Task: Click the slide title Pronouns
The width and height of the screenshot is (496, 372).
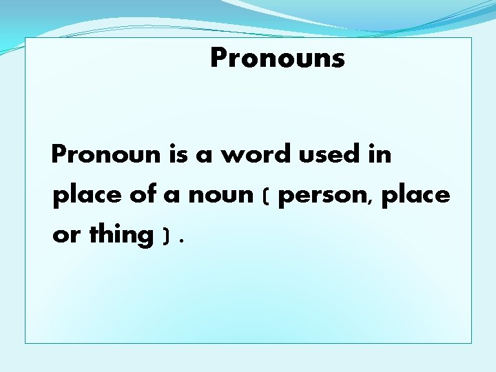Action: [277, 58]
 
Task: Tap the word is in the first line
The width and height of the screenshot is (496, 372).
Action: [179, 155]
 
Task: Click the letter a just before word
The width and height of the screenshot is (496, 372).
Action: [204, 156]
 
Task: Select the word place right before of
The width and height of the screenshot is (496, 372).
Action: [87, 196]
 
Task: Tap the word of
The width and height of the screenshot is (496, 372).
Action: [143, 195]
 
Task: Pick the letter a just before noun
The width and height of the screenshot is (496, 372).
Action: [172, 197]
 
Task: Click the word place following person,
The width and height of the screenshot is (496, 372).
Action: [415, 196]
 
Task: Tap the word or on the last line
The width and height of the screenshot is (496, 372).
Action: [66, 236]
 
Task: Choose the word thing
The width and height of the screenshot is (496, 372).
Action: [121, 235]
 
